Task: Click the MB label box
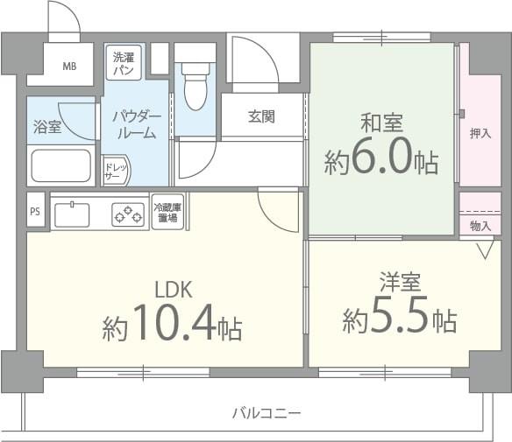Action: pos(68,67)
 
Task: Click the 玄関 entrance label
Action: pos(261,116)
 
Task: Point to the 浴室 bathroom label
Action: pos(47,127)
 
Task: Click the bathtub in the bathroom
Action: pos(60,165)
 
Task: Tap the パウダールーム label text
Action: pos(136,125)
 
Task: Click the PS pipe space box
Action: pos(35,211)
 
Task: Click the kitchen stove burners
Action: pos(128,213)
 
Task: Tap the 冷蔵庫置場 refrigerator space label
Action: pos(167,212)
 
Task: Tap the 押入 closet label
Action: pos(480,133)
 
